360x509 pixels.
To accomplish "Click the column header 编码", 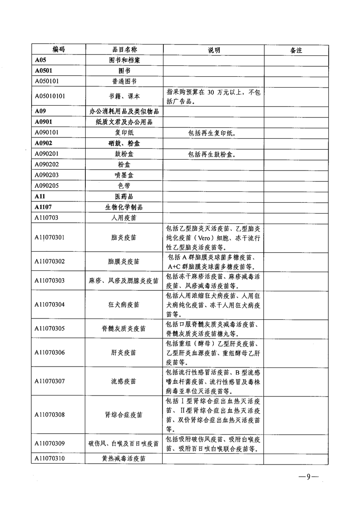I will click(x=59, y=50).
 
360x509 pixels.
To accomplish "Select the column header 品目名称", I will click(x=124, y=50).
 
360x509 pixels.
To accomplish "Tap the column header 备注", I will click(x=296, y=50).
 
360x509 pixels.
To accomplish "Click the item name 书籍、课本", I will click(x=124, y=97).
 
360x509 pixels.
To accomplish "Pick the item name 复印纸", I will click(x=124, y=133).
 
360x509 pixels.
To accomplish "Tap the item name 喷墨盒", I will click(x=124, y=175).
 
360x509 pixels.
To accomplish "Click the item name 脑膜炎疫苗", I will click(x=124, y=262).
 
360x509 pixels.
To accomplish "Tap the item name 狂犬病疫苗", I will click(x=124, y=304).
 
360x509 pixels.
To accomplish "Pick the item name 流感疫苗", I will click(x=124, y=381).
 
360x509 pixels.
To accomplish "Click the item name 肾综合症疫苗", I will click(x=124, y=415).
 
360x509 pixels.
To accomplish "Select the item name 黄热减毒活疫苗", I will click(x=124, y=459).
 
